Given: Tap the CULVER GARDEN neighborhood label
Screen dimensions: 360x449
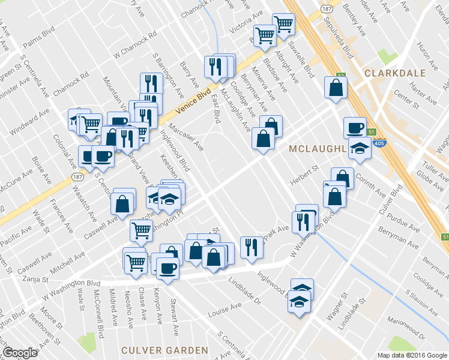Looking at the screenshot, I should coord(164,350).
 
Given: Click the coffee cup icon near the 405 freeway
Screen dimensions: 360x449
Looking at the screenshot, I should coord(355,127).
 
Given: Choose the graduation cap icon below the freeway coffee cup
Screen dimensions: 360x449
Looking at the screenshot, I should coord(360,148).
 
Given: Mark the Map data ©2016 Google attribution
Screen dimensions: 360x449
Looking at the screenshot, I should coord(412,355).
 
